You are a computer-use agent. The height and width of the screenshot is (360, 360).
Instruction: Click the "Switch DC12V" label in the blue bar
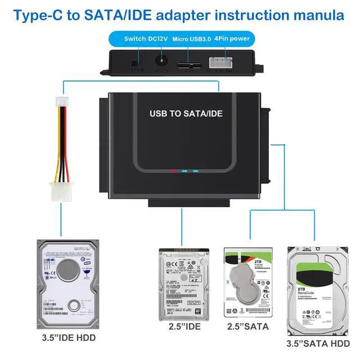click(x=146, y=39)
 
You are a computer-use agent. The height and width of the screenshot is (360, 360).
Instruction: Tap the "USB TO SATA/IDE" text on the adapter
click(x=186, y=113)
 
